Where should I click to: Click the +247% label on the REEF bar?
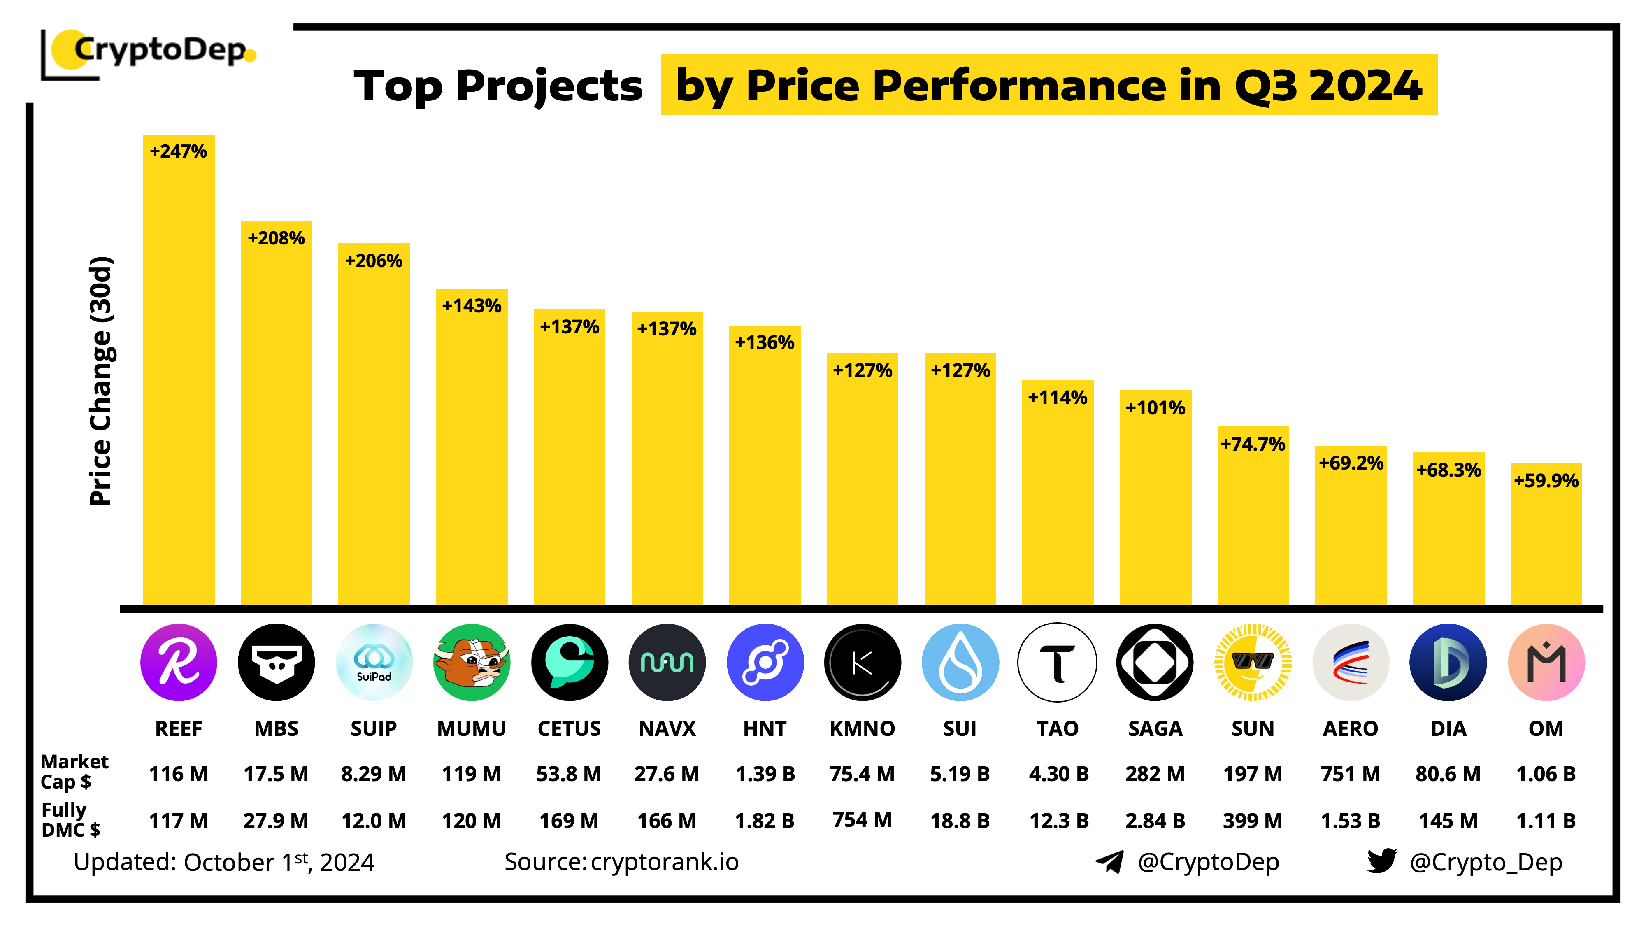178,151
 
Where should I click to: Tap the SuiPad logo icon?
374,662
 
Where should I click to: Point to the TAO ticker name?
1058,728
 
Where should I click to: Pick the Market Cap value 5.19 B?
960,774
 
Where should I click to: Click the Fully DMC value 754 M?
862,820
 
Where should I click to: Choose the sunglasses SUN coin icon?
1252,662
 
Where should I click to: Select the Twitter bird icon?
1381,861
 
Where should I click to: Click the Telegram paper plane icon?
1110,861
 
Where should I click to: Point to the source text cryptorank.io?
665,861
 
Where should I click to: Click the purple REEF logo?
178,662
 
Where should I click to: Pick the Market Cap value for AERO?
1350,774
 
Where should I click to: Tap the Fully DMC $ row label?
70,820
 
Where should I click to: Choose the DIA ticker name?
1448,728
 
